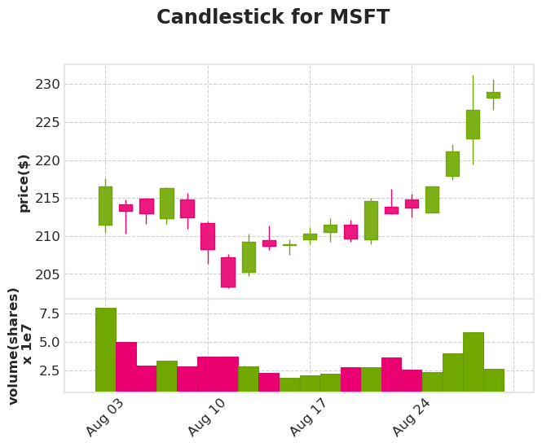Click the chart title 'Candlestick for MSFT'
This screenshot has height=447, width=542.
pyautogui.click(x=272, y=18)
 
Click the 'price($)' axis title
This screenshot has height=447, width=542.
pyautogui.click(x=24, y=183)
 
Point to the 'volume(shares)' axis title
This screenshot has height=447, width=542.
pyautogui.click(x=14, y=346)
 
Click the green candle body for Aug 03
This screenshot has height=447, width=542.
pyautogui.click(x=105, y=205)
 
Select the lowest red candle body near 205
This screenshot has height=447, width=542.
pyautogui.click(x=227, y=272)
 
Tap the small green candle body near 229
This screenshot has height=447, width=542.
pyautogui.click(x=493, y=95)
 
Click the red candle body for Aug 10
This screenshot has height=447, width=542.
pyautogui.click(x=207, y=236)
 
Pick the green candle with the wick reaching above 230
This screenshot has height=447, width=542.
pyautogui.click(x=473, y=125)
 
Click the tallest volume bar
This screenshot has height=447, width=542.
pyautogui.click(x=105, y=350)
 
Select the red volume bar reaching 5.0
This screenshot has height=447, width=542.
pyautogui.click(x=126, y=367)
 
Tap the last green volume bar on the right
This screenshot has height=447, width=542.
pyautogui.click(x=493, y=380)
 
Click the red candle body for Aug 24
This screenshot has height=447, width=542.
pyautogui.click(x=412, y=204)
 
